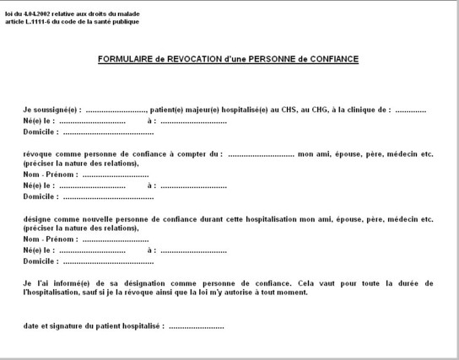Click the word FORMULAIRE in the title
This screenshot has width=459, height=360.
click(122, 59)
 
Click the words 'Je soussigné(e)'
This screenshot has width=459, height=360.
click(52, 111)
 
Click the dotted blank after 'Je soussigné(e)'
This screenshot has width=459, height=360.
click(116, 111)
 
